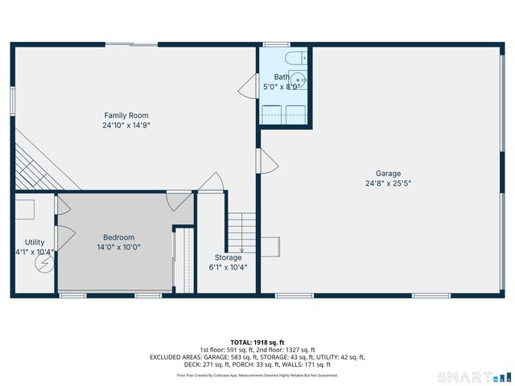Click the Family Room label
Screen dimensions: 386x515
click(126, 115)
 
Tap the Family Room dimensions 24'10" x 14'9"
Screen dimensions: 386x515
click(126, 125)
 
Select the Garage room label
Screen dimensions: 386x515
click(388, 173)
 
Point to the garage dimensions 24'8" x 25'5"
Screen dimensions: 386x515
click(388, 183)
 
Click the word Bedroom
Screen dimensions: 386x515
click(118, 236)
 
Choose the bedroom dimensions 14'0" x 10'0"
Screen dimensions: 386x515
click(118, 247)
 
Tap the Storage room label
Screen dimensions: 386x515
click(228, 257)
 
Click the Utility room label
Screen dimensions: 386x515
click(35, 242)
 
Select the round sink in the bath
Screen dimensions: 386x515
click(299, 79)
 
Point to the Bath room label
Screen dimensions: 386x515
click(281, 76)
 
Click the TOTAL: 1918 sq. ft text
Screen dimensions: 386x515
click(257, 342)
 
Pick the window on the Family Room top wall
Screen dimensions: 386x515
click(127, 43)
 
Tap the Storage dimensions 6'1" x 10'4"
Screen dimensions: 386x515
click(228, 268)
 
